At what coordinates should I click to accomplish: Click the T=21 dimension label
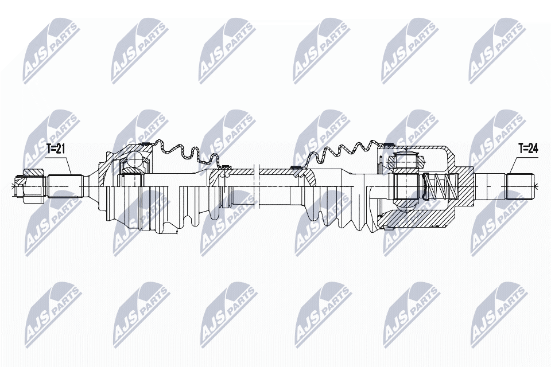point(56,149)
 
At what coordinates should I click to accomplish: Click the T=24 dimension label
point(527,149)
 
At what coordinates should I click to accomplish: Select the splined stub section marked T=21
point(65,186)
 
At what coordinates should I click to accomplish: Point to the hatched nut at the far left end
point(33,174)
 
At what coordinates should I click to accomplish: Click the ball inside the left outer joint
point(135,160)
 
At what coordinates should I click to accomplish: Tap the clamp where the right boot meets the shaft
point(296,168)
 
